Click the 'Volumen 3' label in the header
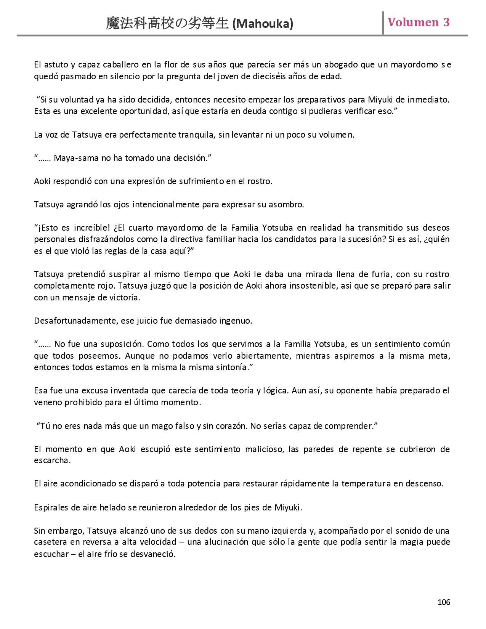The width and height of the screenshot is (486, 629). [x=419, y=22]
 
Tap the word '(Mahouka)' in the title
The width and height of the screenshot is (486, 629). [x=263, y=24]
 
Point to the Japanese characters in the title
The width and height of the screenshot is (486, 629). [x=168, y=24]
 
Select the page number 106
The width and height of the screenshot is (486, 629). [x=444, y=602]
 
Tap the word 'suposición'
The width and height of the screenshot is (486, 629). [x=122, y=344]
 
